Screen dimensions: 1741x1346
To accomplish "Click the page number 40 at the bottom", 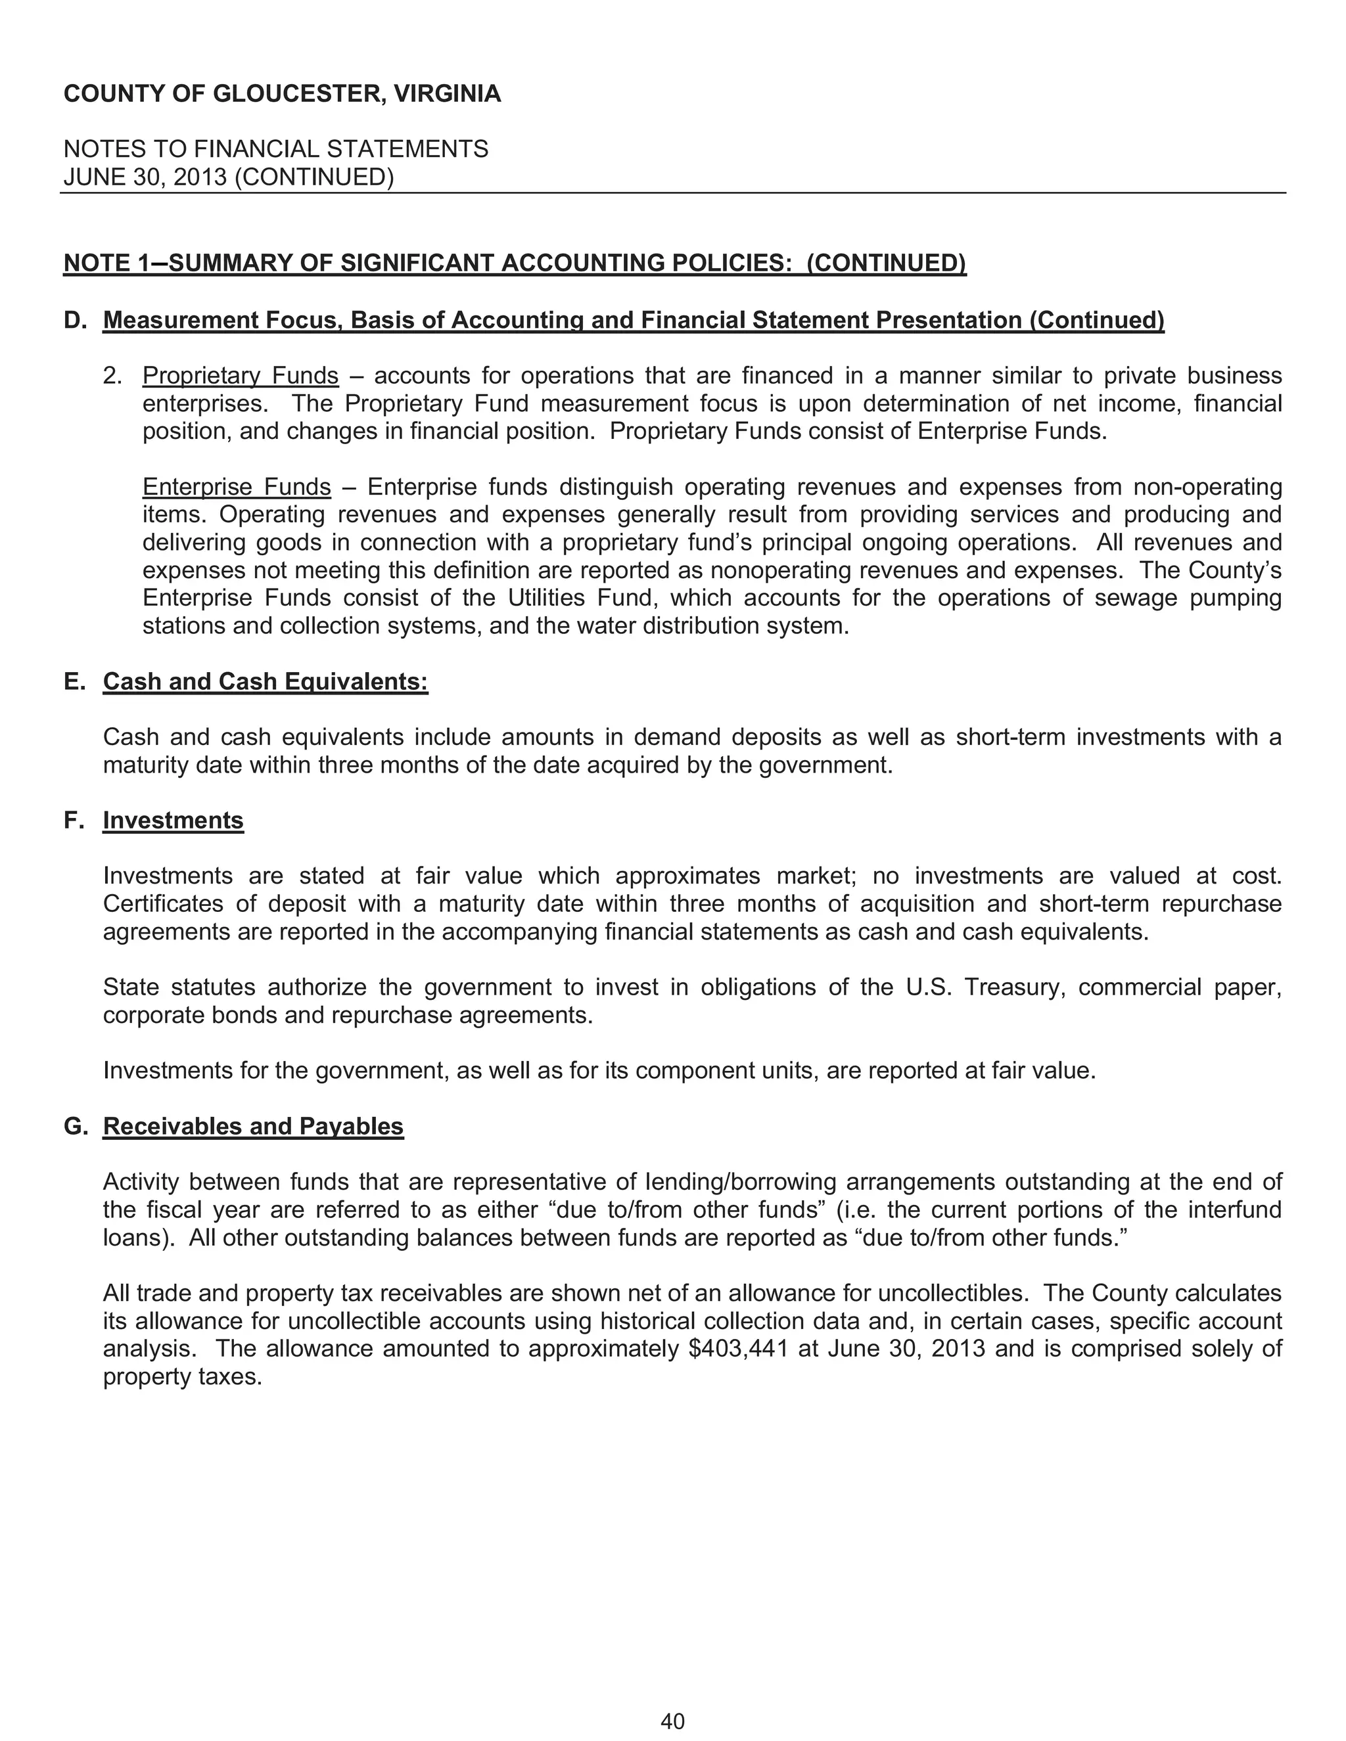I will pyautogui.click(x=672, y=1722).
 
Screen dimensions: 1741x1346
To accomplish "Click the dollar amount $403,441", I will pyautogui.click(x=737, y=1349).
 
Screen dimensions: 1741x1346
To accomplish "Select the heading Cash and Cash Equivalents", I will pyautogui.click(x=266, y=681).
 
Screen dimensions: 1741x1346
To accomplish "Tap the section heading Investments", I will pyautogui.click(x=173, y=821).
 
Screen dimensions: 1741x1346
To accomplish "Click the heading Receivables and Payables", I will pyautogui.click(x=253, y=1125).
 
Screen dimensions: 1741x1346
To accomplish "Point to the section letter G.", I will pyautogui.click(x=74, y=1125).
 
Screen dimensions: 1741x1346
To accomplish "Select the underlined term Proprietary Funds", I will pyautogui.click(x=240, y=375).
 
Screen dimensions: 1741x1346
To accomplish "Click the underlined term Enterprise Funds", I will pyautogui.click(x=236, y=486).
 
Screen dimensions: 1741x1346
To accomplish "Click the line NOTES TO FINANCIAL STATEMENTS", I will pyautogui.click(x=276, y=149).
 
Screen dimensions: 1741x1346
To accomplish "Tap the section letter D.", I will pyautogui.click(x=74, y=321).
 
